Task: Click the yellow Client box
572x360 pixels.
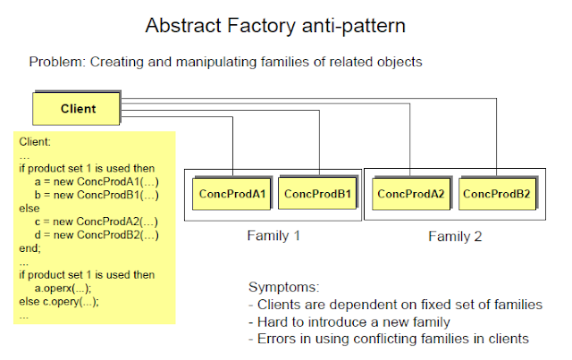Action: tap(77, 109)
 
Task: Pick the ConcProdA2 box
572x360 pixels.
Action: tap(411, 194)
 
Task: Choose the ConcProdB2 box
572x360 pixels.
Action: tap(498, 194)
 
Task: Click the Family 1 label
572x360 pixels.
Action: tap(274, 237)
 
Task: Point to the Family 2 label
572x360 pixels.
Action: tap(456, 237)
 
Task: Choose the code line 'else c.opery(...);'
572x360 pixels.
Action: tap(59, 302)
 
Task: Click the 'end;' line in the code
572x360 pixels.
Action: tap(29, 248)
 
